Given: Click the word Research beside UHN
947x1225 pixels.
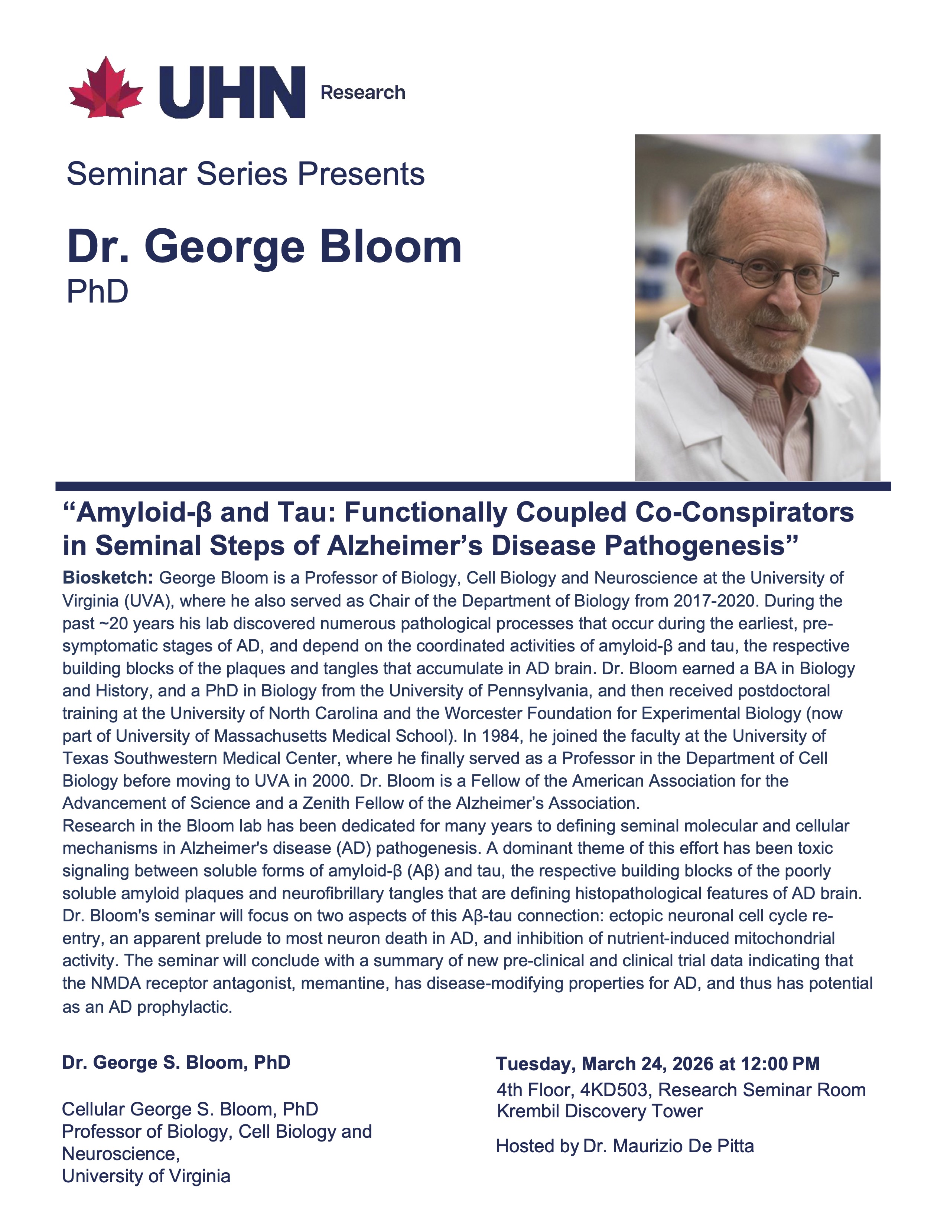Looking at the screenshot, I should coord(362,92).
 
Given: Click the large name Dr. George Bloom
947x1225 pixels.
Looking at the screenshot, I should coord(264,247).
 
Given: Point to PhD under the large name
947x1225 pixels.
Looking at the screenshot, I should coord(97,292).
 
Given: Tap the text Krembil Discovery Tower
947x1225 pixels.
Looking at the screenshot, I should coord(599,1111).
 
